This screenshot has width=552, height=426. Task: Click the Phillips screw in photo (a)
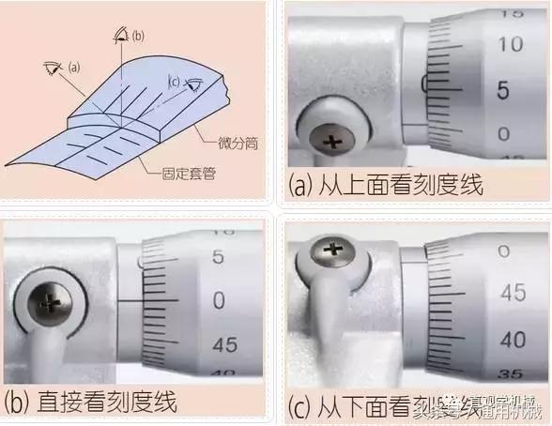point(330,143)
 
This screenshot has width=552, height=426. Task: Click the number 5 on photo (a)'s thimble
point(502,91)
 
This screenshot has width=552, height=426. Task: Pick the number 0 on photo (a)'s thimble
point(503,134)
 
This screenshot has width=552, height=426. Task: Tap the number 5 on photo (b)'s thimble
point(218,256)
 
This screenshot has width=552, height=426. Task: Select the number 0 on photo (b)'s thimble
point(219,300)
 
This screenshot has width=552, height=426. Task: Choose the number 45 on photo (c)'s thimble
point(512,293)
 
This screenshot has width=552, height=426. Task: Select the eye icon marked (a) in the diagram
point(53,68)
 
